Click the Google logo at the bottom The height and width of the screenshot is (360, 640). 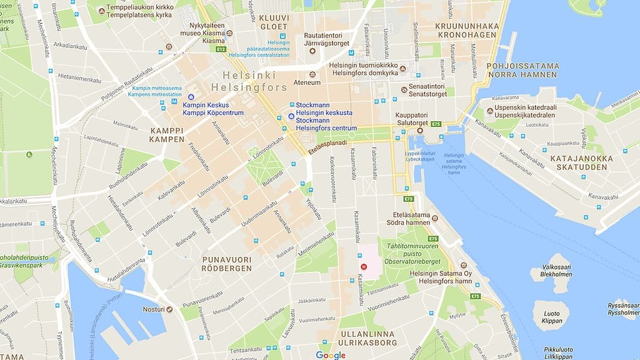(331, 355)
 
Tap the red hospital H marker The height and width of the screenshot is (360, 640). (362, 266)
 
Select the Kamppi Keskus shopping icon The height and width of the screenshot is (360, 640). (191, 97)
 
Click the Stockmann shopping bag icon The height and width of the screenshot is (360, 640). (291, 116)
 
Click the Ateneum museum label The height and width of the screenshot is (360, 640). (307, 82)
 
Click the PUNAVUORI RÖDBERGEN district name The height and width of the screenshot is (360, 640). (226, 263)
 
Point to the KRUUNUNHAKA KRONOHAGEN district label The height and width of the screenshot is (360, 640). (467, 30)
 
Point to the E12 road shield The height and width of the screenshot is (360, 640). (220, 49)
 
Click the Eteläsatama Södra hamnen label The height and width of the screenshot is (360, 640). (411, 219)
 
